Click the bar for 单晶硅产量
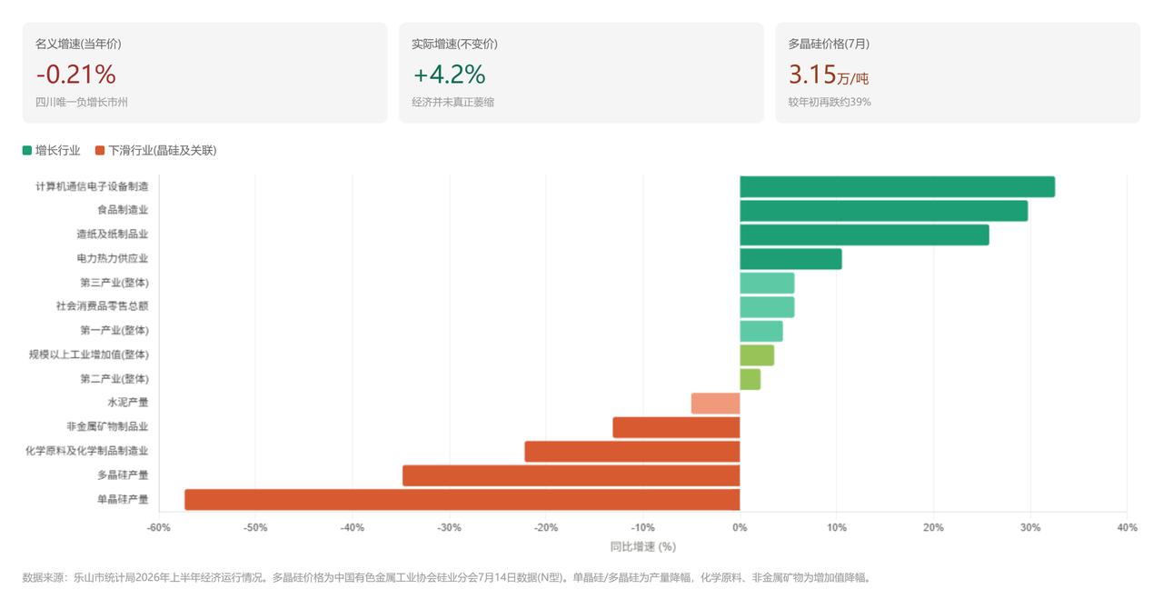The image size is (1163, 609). click(462, 499)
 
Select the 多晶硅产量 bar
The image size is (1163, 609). click(572, 475)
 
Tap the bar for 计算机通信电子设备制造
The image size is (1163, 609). click(897, 186)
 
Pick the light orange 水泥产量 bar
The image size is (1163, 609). click(715, 404)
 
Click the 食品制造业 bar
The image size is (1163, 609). click(884, 211)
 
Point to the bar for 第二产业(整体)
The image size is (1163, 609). click(750, 379)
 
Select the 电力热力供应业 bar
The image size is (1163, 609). click(790, 259)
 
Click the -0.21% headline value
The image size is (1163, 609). click(75, 75)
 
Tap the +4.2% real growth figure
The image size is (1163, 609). click(449, 75)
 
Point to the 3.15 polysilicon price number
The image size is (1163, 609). click(812, 75)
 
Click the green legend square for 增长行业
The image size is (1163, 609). click(27, 151)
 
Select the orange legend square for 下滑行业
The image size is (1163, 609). click(100, 151)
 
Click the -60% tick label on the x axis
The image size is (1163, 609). click(158, 527)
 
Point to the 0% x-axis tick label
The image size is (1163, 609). click(740, 527)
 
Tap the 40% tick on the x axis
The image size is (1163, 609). click(1127, 527)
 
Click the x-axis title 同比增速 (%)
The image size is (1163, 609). click(642, 546)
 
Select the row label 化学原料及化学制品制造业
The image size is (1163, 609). click(86, 451)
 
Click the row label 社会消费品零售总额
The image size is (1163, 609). click(103, 305)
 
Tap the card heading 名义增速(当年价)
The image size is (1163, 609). click(78, 45)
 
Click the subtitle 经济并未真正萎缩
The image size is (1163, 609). click(452, 102)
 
